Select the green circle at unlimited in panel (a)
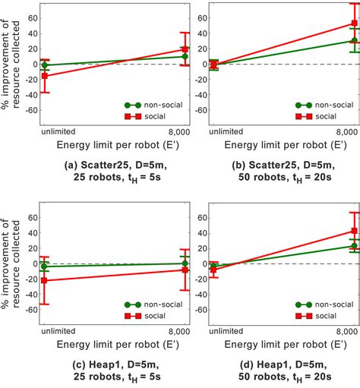tap(44, 65)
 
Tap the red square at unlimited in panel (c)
tap(44, 280)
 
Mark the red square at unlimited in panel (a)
tap(44, 76)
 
